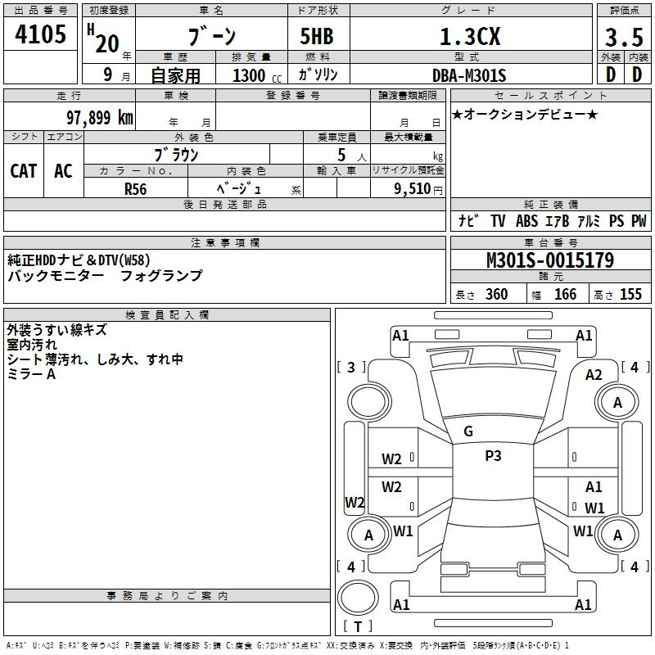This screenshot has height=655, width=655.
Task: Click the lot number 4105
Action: pos(40,34)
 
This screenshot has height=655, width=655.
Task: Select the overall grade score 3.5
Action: pos(624,37)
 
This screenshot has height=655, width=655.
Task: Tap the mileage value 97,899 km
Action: pos(100,118)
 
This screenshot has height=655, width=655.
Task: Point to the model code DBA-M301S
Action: pos(469,75)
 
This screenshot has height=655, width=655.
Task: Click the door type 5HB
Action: pos(317,36)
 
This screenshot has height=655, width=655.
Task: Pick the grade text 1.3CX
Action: pos(470,37)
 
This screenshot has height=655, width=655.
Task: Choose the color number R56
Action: pos(136,189)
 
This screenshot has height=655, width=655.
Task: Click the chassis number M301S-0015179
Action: pos(550,260)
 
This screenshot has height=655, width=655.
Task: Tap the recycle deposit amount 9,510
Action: pos(413,189)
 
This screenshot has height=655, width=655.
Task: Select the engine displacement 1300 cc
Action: pos(257,75)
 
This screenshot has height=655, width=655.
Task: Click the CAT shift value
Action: pos(24,171)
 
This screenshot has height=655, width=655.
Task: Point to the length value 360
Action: pos(497,295)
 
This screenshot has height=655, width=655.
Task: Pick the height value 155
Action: pos(630,295)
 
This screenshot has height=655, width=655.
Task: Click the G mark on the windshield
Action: pos(468,431)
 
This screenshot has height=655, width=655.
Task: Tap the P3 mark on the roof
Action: pos(493,456)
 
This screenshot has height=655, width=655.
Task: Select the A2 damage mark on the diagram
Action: pos(594,375)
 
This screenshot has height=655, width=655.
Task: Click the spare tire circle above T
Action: pos(358,598)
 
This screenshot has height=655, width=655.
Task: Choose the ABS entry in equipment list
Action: pos(526,221)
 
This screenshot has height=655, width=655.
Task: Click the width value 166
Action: pos(565,295)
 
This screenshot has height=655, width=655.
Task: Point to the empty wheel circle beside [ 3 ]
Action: pos(369,402)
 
